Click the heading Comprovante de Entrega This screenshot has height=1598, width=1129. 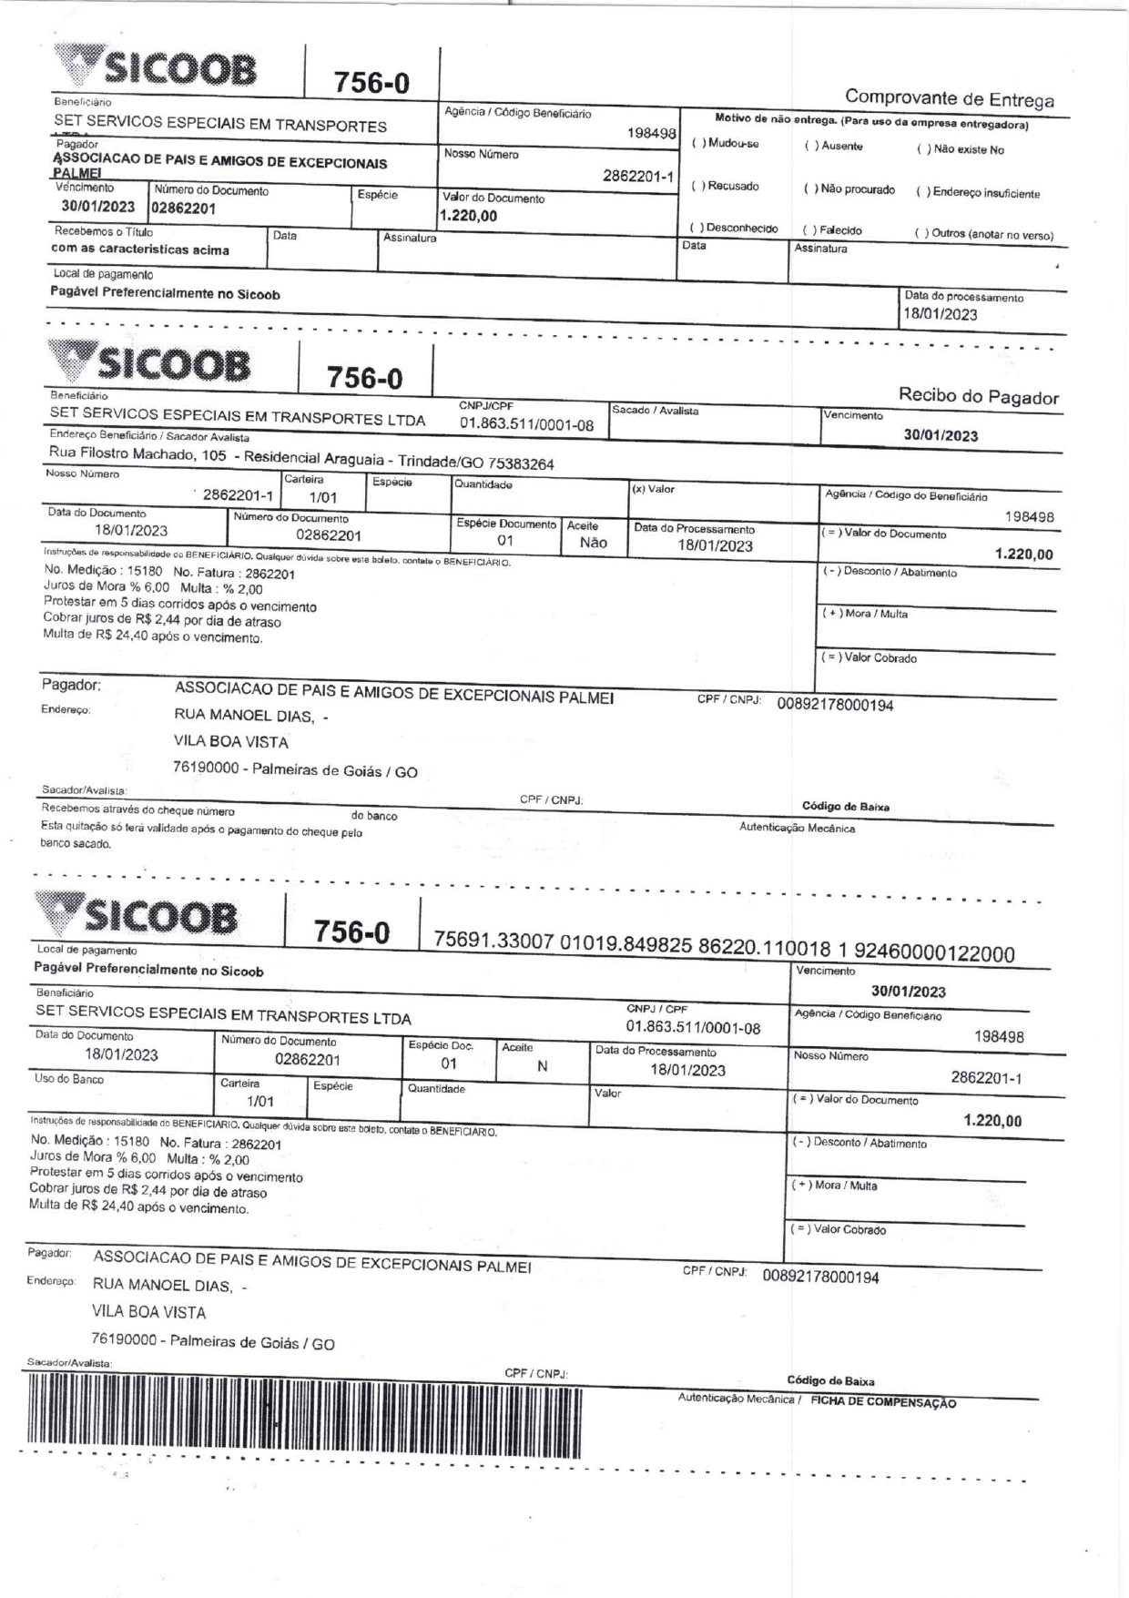(949, 98)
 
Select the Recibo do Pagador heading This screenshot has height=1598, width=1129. (978, 396)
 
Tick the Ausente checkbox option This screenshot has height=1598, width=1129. (809, 147)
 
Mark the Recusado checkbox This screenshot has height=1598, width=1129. (697, 187)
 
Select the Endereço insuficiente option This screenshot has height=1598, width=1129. (921, 193)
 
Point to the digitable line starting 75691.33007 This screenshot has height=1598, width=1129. (724, 946)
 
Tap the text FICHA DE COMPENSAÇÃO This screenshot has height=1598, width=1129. (883, 1403)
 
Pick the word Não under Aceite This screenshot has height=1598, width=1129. (593, 543)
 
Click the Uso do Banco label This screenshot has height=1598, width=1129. (69, 1080)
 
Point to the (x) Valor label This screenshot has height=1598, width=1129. (653, 490)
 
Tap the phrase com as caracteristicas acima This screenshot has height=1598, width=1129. (140, 249)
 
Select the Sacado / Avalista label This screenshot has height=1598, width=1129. (655, 411)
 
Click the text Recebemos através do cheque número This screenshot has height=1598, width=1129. (137, 810)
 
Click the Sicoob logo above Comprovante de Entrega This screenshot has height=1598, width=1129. (155, 68)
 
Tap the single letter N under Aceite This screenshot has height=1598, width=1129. (542, 1066)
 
